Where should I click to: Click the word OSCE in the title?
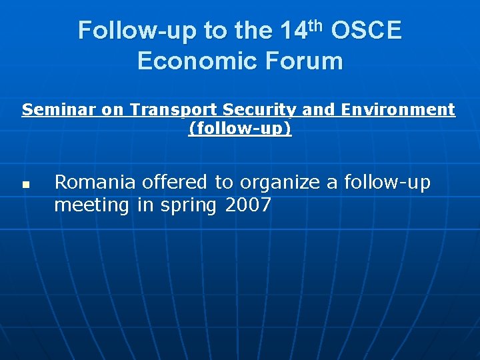coord(366,31)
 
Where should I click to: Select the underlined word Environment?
coord(405,109)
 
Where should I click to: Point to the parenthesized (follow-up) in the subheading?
coord(240,128)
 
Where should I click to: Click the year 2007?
coord(248,205)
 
